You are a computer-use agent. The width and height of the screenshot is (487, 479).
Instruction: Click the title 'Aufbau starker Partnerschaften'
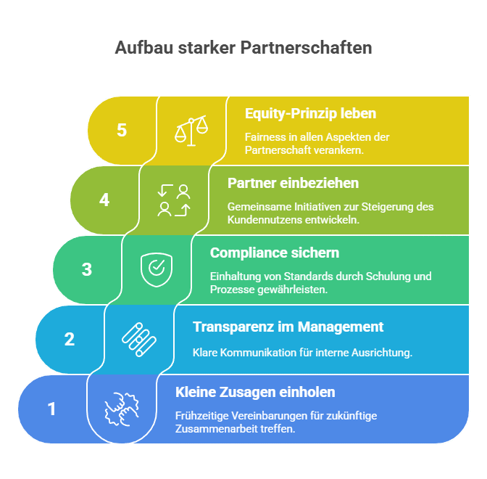point(243,48)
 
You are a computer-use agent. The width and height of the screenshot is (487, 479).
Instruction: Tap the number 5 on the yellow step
point(122,130)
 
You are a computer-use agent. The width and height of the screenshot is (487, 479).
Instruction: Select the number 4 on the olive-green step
point(104,200)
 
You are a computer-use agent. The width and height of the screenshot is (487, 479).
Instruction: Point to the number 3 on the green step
point(87,269)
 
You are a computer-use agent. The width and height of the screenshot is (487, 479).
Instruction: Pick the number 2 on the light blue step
point(70,339)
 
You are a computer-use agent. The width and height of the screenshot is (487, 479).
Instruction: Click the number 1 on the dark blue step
point(52,409)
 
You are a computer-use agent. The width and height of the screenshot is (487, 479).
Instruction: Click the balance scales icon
point(191,131)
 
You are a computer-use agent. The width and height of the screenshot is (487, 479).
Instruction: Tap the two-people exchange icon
point(174,200)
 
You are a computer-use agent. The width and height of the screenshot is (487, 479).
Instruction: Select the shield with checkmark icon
point(157,270)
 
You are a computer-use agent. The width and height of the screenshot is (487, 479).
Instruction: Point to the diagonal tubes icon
point(139,340)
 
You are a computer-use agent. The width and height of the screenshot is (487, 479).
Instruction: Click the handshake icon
point(122,409)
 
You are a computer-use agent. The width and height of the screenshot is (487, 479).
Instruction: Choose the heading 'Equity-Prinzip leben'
point(311,114)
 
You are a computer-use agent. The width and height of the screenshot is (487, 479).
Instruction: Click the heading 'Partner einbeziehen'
point(294,183)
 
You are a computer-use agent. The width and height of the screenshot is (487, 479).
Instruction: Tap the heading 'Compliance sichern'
point(275,253)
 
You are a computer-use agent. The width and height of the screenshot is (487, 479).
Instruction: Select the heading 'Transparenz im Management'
point(288,327)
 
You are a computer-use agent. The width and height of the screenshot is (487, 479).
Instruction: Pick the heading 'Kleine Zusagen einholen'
point(255,392)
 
